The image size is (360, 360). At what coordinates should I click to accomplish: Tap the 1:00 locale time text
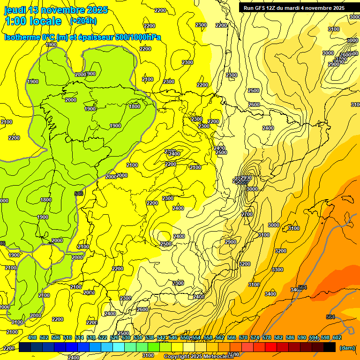pos(33,21)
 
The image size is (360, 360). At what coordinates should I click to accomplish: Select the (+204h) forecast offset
pos(83,21)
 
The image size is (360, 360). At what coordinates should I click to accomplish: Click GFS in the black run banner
pos(260,7)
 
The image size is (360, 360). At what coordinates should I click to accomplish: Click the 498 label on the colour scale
pos(32,337)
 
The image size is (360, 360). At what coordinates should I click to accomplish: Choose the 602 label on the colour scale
pos(337,337)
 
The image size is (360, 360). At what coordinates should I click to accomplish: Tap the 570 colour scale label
pos(243,337)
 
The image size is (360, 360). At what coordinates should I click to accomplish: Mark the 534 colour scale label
pos(138,337)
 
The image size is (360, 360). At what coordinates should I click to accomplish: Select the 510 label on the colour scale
pos(67,337)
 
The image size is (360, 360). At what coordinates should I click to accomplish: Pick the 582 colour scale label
pos(278,337)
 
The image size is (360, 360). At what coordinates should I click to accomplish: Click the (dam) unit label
pos(347,347)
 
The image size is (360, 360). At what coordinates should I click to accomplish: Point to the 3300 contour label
pos(277,270)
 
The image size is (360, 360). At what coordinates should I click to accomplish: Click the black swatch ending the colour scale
pos(330,347)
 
